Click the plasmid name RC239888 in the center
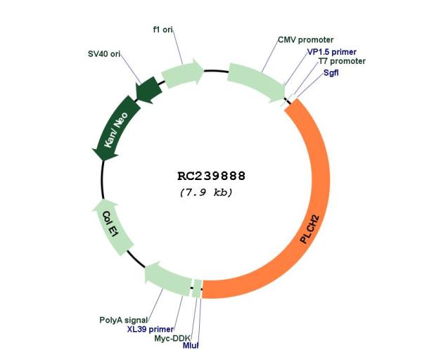coord(211,176)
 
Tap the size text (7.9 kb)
coord(206,193)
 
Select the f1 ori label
coord(163,30)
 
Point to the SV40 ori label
coord(104,54)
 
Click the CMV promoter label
coord(305,40)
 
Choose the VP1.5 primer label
coord(332,51)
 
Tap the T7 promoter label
coord(342,61)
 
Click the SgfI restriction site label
coord(331,72)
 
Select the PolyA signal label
coord(124,320)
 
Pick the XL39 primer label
coord(151,329)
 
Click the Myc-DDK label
coord(172,338)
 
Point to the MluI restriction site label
coord(191,345)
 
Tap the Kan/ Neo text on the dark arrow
coord(116,130)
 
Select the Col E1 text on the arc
coord(110,224)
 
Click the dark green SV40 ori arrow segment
coord(148,90)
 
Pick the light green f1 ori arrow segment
coord(182,73)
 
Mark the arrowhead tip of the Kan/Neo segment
coord(103,161)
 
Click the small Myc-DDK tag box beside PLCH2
coord(198,289)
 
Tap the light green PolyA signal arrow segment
coord(167,278)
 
